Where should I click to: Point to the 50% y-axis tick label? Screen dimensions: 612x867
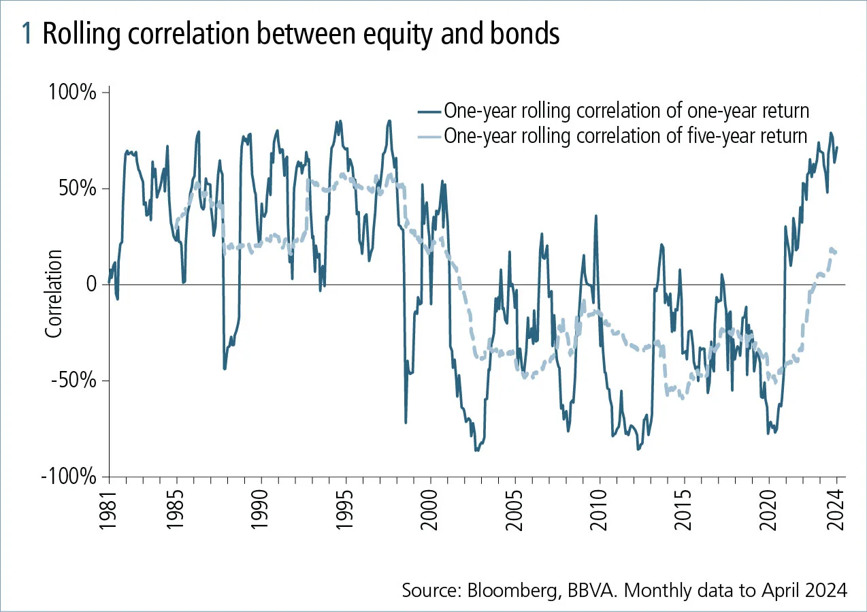click(x=77, y=189)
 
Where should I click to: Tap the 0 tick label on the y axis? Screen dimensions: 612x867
click(x=91, y=285)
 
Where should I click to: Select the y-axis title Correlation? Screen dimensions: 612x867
click(x=54, y=293)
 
